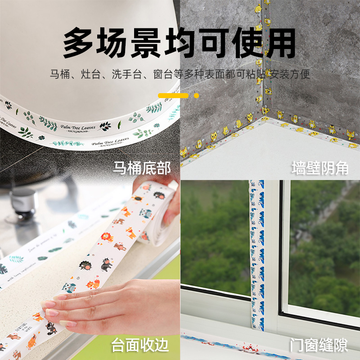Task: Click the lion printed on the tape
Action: [x=106, y=237]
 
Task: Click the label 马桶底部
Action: [x=142, y=169]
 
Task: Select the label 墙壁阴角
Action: [x=320, y=169]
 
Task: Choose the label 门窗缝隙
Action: [x=320, y=346]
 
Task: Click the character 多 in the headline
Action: [x=80, y=44]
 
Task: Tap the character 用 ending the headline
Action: [x=279, y=44]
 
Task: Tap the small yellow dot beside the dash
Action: [x=196, y=95]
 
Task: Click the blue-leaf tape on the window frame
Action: [x=257, y=252]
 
